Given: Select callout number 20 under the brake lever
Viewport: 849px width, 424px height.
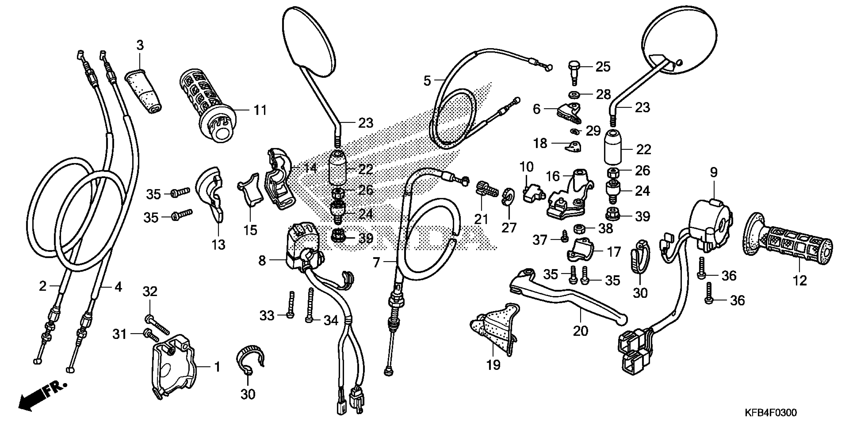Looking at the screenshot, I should [x=580, y=331].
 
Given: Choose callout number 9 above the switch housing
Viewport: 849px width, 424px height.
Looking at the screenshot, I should [x=713, y=172].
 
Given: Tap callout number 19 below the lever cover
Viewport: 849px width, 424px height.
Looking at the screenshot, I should [x=493, y=364].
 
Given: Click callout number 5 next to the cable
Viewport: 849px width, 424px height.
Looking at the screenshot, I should [x=427, y=80].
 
